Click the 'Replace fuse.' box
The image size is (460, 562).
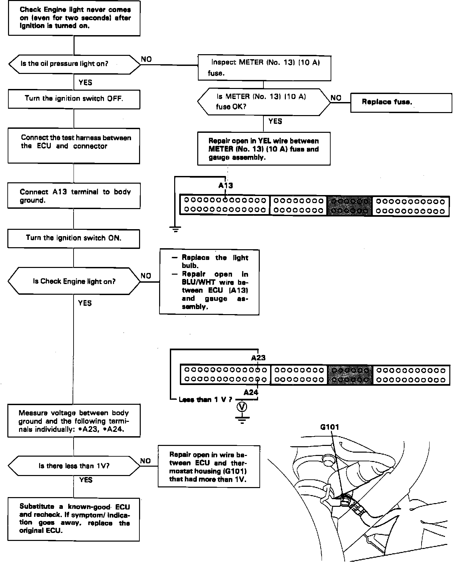(x=401, y=103)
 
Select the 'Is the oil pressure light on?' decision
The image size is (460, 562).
(x=74, y=64)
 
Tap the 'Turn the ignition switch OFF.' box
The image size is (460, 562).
(x=74, y=99)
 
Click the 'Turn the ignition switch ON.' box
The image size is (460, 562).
(x=74, y=239)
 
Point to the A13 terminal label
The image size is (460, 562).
(x=226, y=186)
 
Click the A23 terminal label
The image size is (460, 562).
(x=258, y=358)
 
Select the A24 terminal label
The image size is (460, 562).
(x=251, y=393)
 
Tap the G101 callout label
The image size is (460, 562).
(x=330, y=427)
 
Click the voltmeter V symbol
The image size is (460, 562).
(x=242, y=407)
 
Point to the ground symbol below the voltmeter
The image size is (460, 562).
(x=242, y=419)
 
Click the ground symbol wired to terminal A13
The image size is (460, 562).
(x=175, y=229)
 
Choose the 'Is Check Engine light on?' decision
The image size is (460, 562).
(x=74, y=281)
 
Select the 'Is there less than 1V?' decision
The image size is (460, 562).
(x=74, y=466)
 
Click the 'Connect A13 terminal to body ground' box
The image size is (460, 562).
(x=74, y=196)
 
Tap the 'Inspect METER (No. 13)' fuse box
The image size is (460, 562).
(x=264, y=68)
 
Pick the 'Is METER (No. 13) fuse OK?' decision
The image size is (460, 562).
(x=263, y=102)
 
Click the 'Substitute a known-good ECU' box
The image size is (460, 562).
(x=74, y=519)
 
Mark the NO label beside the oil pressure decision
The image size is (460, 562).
(x=146, y=59)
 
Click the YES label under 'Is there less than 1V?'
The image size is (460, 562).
(x=86, y=480)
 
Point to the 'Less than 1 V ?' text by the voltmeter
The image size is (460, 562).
(x=205, y=400)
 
